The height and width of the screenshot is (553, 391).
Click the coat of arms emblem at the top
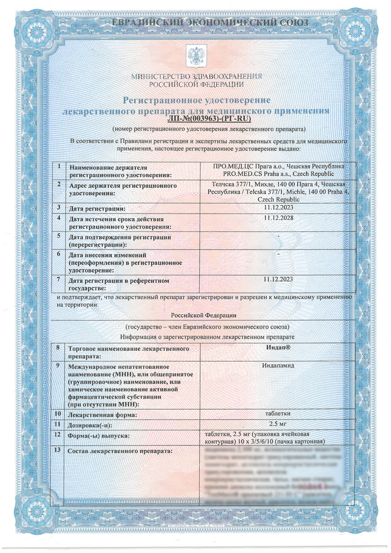(x=196, y=56)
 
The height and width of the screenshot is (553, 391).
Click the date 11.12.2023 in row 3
(x=278, y=208)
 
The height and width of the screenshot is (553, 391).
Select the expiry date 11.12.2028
(x=278, y=218)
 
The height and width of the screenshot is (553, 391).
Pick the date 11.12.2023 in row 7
(x=278, y=279)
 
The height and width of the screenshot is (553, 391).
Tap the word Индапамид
(x=278, y=365)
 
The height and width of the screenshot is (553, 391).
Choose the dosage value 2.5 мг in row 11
(x=278, y=424)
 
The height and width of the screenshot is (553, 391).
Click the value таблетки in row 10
(x=278, y=414)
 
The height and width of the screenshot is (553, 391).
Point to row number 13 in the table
(x=58, y=450)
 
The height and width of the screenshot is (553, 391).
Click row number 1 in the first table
(x=60, y=167)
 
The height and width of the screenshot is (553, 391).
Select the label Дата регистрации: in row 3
(x=97, y=209)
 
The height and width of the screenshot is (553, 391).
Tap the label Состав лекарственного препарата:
(x=120, y=451)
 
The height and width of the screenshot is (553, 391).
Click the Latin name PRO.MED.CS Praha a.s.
(x=257, y=174)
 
